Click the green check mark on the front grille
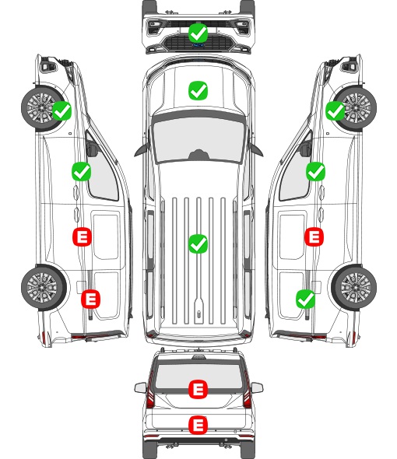pyautogui.click(x=198, y=33)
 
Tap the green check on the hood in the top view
pyautogui.click(x=198, y=90)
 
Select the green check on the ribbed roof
pyautogui.click(x=198, y=244)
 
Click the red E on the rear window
pyautogui.click(x=198, y=389)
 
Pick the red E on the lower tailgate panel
pyautogui.click(x=198, y=426)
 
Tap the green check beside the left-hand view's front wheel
pyautogui.click(x=61, y=110)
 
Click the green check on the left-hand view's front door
pyautogui.click(x=82, y=171)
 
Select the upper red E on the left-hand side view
pyautogui.click(x=82, y=237)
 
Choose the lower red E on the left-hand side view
pyautogui.click(x=90, y=299)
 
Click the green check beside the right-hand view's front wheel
pyautogui.click(x=336, y=110)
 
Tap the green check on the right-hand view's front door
pyautogui.click(x=315, y=171)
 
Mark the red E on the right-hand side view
pyautogui.click(x=314, y=237)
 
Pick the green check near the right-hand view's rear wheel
pyautogui.click(x=306, y=299)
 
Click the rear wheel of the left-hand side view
pyautogui.click(x=44, y=288)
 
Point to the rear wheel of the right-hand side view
pyautogui.click(x=354, y=288)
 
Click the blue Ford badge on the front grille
pyautogui.click(x=198, y=45)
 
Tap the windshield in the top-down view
pyautogui.click(x=198, y=138)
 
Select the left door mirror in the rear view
pyautogui.click(x=140, y=388)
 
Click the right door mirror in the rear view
pyautogui.click(x=257, y=388)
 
